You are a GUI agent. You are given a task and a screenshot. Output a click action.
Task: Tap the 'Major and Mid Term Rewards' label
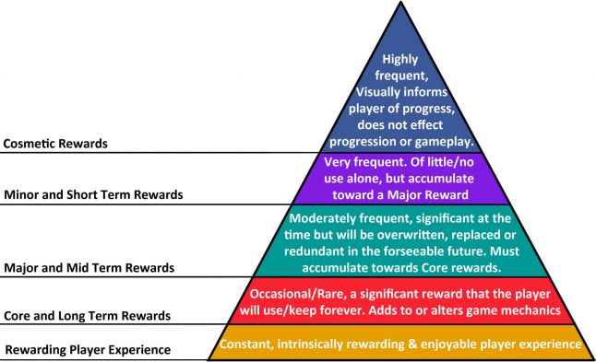(x=89, y=268)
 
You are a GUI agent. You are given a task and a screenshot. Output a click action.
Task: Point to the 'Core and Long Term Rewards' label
(x=88, y=316)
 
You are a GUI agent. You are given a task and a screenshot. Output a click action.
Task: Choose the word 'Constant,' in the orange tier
(x=246, y=344)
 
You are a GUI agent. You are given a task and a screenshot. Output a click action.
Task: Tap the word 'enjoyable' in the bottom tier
(x=456, y=344)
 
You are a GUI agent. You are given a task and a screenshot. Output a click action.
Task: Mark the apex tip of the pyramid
(x=400, y=4)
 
